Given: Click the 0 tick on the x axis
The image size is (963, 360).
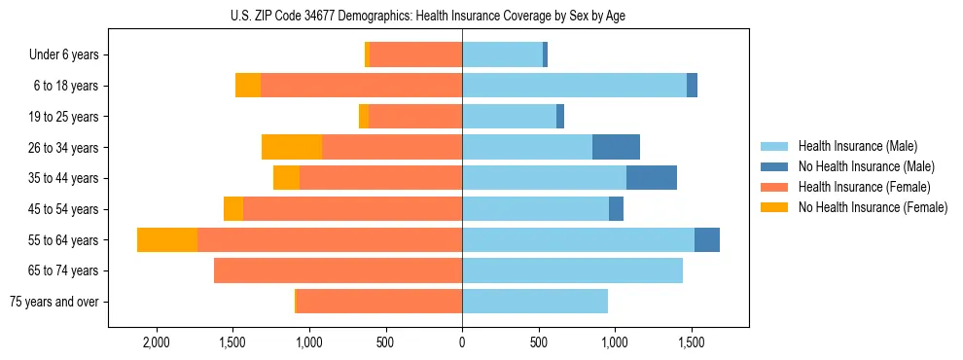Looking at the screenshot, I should [462, 343].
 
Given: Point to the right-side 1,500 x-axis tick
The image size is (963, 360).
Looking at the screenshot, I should [692, 343].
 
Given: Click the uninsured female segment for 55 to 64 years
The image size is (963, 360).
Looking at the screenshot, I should [167, 240].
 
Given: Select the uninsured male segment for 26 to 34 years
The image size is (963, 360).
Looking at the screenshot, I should [616, 148].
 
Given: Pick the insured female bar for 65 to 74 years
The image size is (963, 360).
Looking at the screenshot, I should [338, 270].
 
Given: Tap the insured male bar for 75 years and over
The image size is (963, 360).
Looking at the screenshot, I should [535, 302].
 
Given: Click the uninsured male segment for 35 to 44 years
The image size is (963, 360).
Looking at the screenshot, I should [652, 178].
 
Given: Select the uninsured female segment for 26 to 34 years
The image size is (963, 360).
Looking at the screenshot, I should [292, 148].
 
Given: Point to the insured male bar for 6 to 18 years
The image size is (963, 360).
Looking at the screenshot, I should [574, 86].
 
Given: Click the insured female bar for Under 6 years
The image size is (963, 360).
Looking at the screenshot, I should [415, 55].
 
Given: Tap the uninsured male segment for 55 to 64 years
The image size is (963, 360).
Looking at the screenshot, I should [707, 240].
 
